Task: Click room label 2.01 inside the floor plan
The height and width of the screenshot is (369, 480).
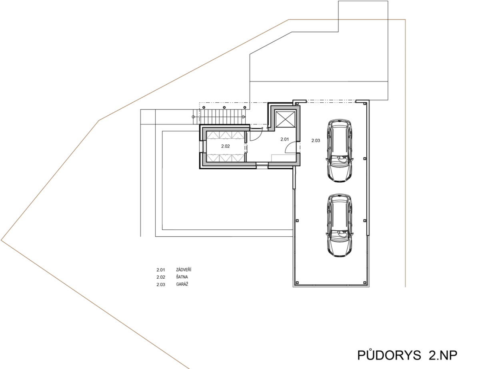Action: (x=284, y=139)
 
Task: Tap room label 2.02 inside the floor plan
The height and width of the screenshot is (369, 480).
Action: (x=225, y=146)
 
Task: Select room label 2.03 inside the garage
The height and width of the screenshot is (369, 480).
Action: (x=316, y=141)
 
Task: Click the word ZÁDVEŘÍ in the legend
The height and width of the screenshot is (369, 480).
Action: (x=184, y=269)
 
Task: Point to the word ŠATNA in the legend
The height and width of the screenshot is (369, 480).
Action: (x=182, y=277)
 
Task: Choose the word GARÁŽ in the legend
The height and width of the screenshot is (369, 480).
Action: (x=182, y=284)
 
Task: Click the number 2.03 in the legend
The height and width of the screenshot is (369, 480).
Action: (x=161, y=285)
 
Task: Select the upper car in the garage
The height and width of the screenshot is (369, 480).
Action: (x=339, y=151)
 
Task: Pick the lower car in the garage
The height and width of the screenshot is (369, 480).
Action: (x=339, y=225)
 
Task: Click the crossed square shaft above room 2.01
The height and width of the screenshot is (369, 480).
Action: (x=285, y=119)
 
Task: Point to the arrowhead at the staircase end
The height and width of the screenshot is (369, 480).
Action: (x=244, y=116)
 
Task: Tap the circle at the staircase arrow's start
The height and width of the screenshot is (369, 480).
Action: (x=194, y=116)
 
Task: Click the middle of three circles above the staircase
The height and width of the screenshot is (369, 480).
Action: (x=224, y=108)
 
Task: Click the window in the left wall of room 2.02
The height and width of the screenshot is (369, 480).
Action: (x=202, y=146)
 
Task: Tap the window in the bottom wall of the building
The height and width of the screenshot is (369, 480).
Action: (x=262, y=166)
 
